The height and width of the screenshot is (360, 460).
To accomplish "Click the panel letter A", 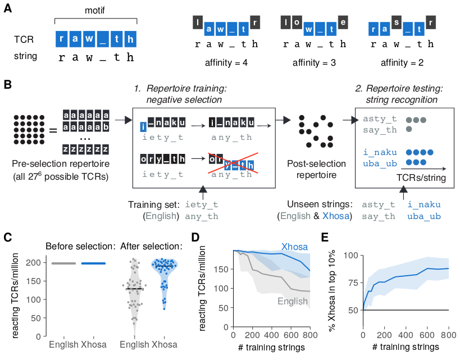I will [x=7, y=11].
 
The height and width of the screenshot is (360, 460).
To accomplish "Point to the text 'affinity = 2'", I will [x=401, y=62].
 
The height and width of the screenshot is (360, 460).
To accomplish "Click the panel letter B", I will [x=7, y=85].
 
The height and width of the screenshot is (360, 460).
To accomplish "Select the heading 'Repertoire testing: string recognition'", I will [x=399, y=94].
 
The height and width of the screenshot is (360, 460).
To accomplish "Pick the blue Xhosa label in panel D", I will [x=294, y=246].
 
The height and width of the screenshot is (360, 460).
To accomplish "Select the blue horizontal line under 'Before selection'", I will [x=93, y=263].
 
